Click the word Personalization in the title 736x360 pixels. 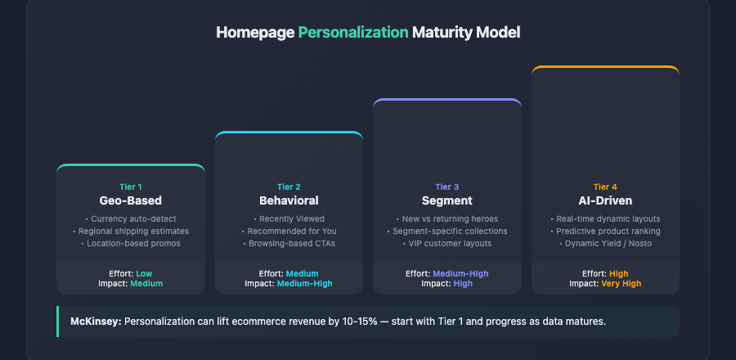click(352, 33)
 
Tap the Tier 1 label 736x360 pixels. click(130, 187)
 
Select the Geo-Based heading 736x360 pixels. click(130, 200)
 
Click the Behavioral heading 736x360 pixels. click(289, 200)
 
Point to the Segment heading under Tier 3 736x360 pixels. click(447, 200)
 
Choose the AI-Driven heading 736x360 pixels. click(605, 200)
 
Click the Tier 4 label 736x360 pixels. click(605, 187)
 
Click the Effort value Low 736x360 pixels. click(145, 273)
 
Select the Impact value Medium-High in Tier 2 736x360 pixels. click(305, 284)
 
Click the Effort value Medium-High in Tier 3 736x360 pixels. click(461, 273)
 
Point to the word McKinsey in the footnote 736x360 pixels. click(95, 322)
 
